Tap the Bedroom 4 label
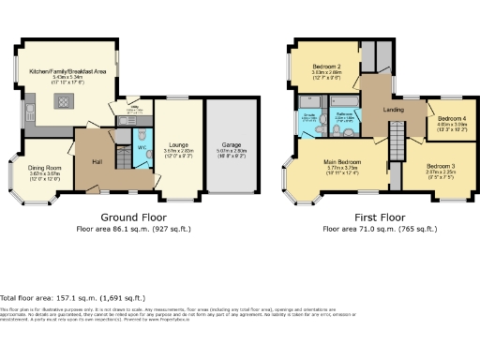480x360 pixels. pos(452,118)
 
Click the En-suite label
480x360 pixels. pos(308,114)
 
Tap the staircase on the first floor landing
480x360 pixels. pos(396,145)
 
